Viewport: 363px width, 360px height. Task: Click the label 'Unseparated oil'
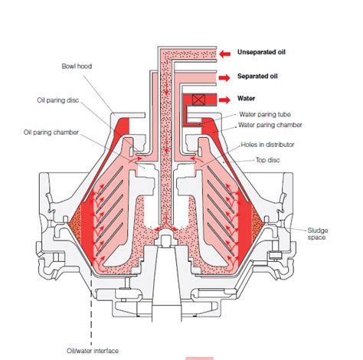(x=260, y=54)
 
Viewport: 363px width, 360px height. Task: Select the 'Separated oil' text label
(x=258, y=77)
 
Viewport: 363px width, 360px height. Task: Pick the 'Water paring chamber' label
(x=269, y=125)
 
